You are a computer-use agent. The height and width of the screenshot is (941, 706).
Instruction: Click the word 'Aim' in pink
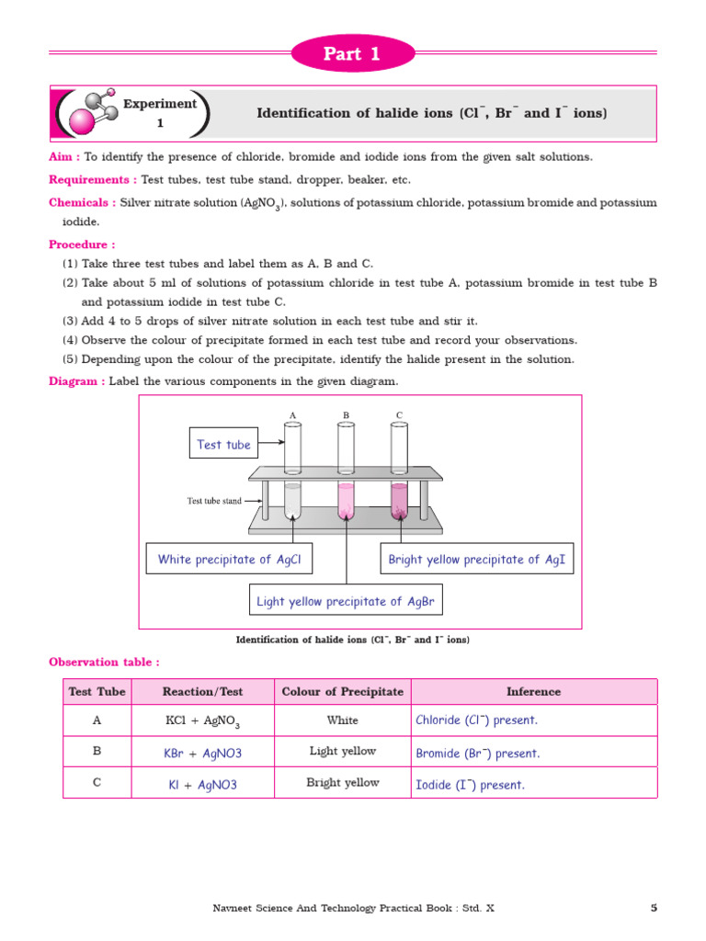coord(63,156)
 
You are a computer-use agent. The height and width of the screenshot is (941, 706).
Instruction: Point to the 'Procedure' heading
coord(81,244)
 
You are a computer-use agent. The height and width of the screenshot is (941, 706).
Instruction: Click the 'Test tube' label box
coord(223,445)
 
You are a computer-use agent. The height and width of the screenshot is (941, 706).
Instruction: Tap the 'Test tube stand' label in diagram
coord(214,501)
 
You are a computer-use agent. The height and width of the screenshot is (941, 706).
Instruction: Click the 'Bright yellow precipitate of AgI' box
coord(476,559)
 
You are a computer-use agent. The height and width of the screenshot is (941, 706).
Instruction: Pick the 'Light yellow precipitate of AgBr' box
coord(346,601)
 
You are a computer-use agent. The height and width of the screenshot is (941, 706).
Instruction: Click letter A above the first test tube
coord(292,415)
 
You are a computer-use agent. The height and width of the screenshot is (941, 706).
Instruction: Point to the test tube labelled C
coord(399,473)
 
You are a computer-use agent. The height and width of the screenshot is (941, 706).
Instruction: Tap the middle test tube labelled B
coord(346,473)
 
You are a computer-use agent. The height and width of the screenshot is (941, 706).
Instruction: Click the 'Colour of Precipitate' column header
coord(342,692)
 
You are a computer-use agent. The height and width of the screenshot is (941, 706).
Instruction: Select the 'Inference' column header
coord(533,692)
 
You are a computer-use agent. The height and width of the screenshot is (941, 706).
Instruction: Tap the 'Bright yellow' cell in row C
coord(342,783)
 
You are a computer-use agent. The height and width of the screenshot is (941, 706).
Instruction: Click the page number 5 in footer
coord(654,908)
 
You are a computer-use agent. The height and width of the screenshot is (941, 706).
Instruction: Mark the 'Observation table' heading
coord(103,662)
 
